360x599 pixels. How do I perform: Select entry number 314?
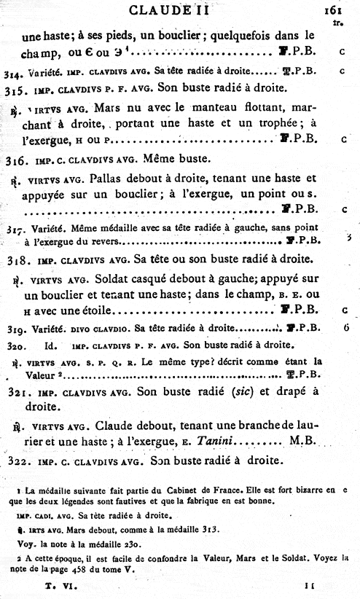tap(11, 74)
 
